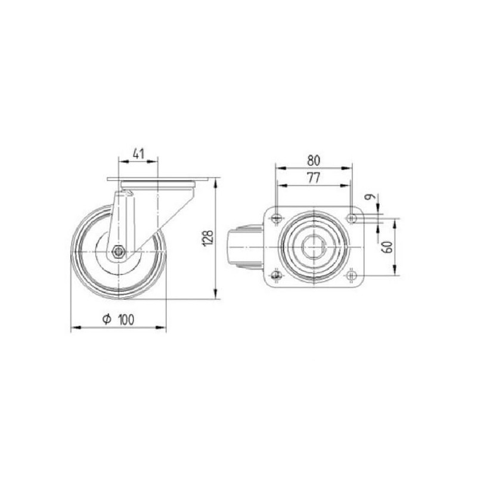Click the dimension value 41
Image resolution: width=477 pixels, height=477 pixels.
pos(138,154)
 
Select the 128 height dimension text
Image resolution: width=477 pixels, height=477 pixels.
pos(209,238)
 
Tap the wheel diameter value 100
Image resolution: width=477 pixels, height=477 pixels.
pos(126,320)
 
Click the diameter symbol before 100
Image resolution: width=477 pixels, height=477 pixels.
pos(107,319)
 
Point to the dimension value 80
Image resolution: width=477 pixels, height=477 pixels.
pos(314,160)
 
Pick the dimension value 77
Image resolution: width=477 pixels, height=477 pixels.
pos(314,178)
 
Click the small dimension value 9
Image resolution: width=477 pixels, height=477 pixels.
pos(370,197)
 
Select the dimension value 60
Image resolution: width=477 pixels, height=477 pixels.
pos(388,247)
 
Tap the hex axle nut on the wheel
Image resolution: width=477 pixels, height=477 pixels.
pos(117,252)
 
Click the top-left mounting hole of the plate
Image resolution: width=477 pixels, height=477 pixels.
pos(276,218)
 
